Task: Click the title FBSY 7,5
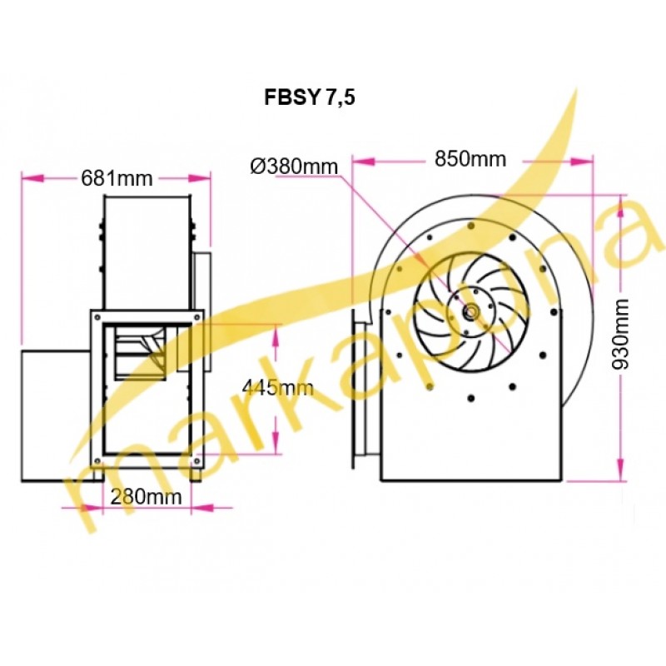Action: pos(309,97)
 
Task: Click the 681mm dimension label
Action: pos(117,178)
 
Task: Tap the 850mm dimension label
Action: pos(470,159)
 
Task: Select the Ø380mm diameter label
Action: pos(294,166)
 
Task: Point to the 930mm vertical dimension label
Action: pos(620,334)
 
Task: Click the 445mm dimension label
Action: pos(278,387)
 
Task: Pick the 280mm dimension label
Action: pos(147,496)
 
